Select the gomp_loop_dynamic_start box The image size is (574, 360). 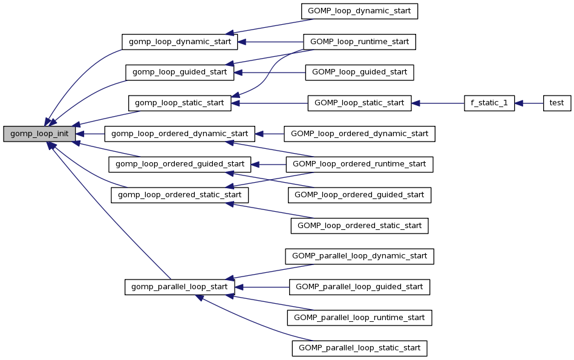pos(180,42)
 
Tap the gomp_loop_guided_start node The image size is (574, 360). pos(179,72)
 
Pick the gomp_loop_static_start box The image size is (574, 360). pos(179,103)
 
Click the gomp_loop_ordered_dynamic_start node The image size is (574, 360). pos(180,134)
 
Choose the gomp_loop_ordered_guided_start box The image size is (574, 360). pos(180,164)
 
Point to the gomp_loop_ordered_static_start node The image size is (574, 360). pos(180,195)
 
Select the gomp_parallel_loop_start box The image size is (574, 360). pos(180,287)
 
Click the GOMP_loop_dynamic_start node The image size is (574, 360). pos(359,11)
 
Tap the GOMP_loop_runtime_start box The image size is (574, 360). pos(359,42)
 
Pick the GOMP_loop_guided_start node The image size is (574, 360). pos(359,72)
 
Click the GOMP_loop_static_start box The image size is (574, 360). pos(359,103)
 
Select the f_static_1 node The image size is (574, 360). pos(489,103)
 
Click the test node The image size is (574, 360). pos(556,103)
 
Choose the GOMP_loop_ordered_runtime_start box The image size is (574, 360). pos(359,164)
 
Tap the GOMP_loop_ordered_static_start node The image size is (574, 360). pos(359,226)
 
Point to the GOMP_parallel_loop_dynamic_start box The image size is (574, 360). pos(359,256)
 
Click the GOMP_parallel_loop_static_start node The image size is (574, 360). pos(359,348)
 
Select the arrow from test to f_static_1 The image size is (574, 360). pos(529,103)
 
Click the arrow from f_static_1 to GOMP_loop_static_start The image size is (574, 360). pos(438,103)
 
